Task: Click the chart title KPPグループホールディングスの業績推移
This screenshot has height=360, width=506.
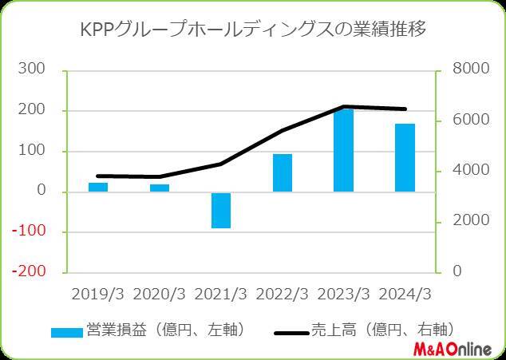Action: tap(254, 31)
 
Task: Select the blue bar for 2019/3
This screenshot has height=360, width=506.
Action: tap(98, 187)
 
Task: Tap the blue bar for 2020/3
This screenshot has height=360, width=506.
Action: tap(160, 188)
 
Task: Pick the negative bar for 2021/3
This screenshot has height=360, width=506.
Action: tap(221, 210)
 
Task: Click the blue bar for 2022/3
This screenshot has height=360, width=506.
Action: tap(283, 172)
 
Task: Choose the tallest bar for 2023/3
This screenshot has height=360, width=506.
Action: tap(343, 150)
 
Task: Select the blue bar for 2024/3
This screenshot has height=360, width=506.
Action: tap(405, 157)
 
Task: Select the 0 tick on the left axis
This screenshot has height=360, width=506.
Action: tap(39, 192)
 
